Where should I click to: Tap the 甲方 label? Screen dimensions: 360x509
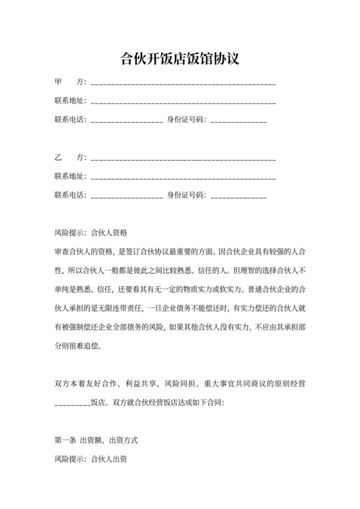point(70,83)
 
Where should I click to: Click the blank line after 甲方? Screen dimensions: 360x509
point(184,84)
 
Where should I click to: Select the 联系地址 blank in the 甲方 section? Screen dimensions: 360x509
point(184,102)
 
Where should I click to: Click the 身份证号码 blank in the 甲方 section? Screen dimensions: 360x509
point(238,120)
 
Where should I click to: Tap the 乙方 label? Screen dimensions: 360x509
point(70,157)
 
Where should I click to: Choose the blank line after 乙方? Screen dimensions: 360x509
point(184,158)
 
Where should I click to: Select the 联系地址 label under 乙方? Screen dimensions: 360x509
point(70,176)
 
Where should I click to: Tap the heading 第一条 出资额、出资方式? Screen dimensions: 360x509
point(96,442)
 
